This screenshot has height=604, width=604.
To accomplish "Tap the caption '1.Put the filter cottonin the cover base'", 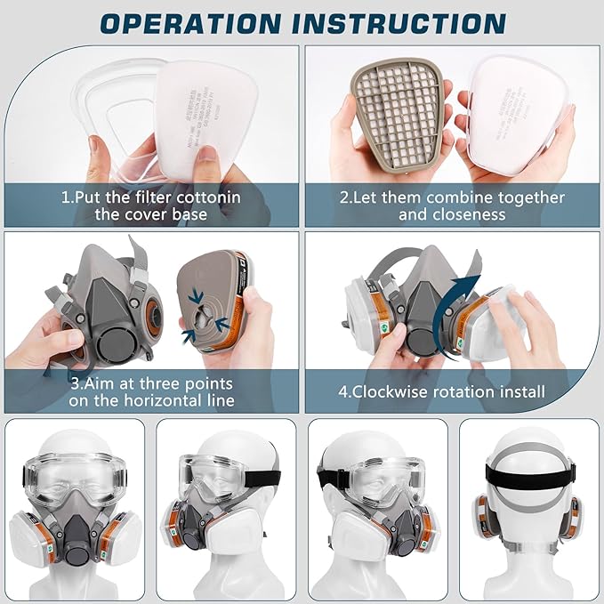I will [x=150, y=205].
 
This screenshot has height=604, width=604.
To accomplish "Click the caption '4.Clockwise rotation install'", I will [x=454, y=391].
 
